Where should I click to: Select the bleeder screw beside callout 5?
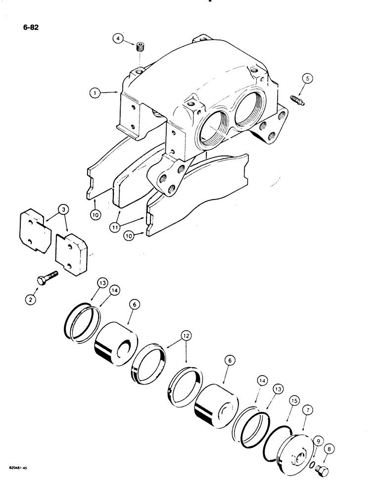pos(296,99)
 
